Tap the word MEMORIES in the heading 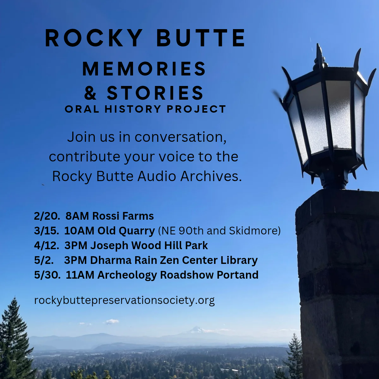coord(144,69)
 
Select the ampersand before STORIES coord(90,93)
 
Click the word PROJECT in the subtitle coord(196,109)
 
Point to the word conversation coord(180,137)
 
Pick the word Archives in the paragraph coord(211,176)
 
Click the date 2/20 coord(47,216)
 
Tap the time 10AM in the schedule coord(79,231)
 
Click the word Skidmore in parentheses coord(255,231)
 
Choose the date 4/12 coord(46,246)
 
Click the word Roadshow coord(187,275)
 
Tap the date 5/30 coord(47,275)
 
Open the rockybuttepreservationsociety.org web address coord(125,300)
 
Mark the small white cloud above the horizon coord(112,321)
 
